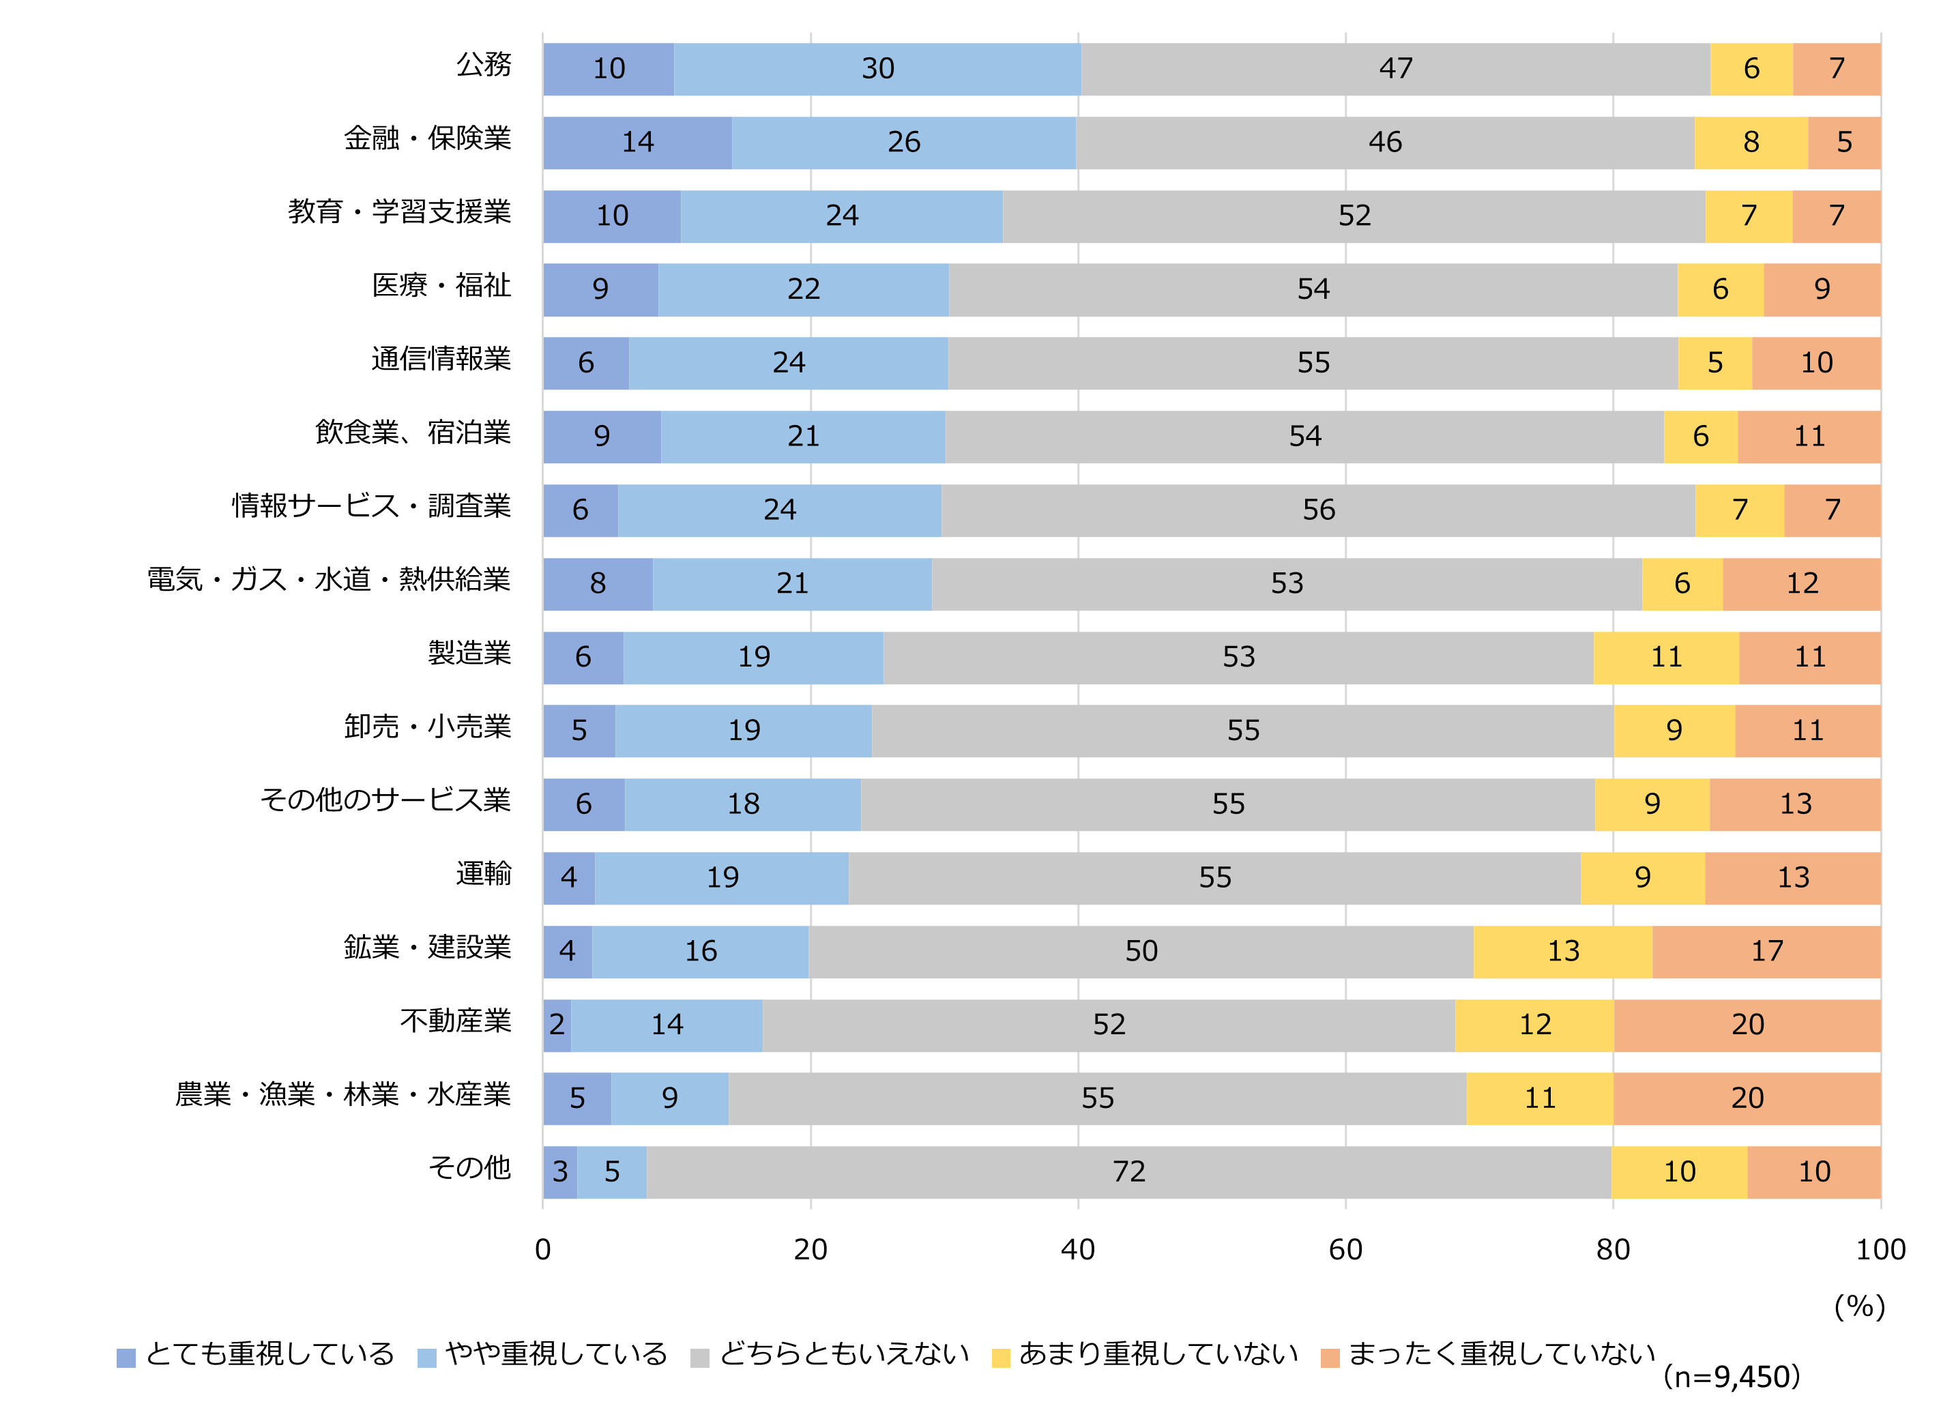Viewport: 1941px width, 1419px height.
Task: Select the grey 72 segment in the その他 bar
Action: coord(1128,1171)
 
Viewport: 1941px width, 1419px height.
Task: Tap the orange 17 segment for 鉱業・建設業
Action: coord(1766,951)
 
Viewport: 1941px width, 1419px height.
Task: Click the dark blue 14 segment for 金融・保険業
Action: coord(637,142)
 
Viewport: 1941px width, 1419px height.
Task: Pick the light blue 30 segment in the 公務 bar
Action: coord(877,69)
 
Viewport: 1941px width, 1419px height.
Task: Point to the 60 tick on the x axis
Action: coord(1345,1249)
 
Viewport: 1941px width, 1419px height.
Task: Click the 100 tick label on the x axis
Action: coord(1880,1249)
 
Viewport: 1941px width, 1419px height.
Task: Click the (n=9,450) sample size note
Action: coord(1731,1377)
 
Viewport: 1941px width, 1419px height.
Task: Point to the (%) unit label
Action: coord(1859,1306)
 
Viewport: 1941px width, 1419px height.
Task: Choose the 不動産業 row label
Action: coord(455,1021)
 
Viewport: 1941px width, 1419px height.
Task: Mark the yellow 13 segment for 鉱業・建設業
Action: coord(1562,951)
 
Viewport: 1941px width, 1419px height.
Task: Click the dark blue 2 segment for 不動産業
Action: coord(557,1025)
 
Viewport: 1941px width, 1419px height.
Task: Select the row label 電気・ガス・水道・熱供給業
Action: coord(329,580)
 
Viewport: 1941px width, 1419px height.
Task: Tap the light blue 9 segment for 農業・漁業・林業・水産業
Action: coord(670,1098)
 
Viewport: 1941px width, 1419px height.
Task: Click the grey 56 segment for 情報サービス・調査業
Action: coord(1318,510)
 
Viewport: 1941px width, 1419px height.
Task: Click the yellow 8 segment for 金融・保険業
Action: coord(1751,142)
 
